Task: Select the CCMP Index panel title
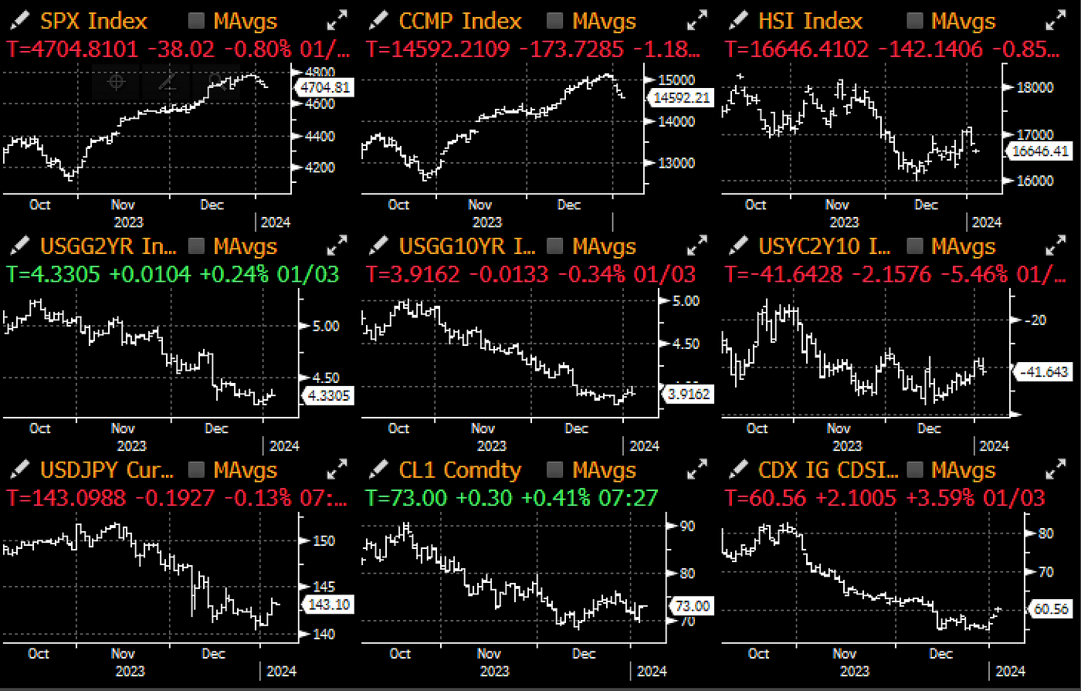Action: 460,22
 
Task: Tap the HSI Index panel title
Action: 810,22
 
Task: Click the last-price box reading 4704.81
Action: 326,87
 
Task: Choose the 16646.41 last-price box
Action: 1042,151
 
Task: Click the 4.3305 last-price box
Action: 328,396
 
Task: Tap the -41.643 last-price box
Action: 1044,371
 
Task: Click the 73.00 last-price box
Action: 691,606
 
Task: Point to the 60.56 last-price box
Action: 1048,609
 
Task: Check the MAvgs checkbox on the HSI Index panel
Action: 915,22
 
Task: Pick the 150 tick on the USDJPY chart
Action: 324,540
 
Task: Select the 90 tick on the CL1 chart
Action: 686,526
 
